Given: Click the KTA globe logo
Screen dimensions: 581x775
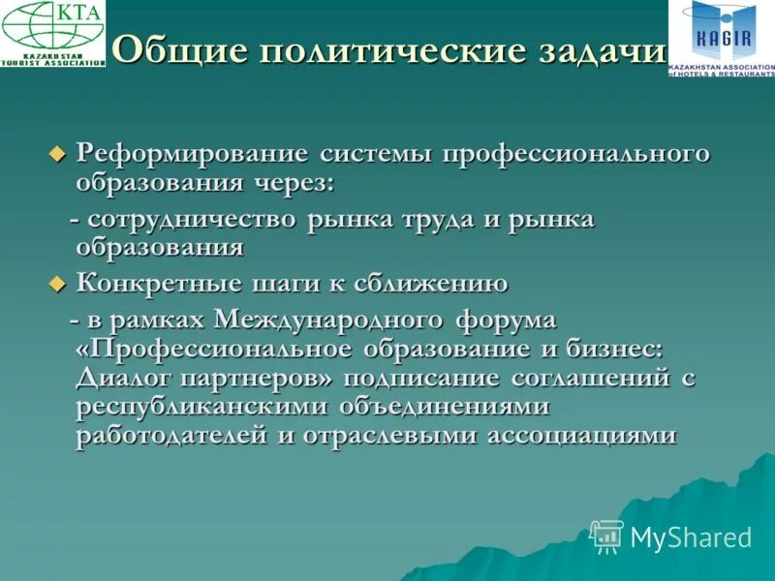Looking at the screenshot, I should coord(52,33).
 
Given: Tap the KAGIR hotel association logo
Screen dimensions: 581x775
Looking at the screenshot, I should coord(721,39).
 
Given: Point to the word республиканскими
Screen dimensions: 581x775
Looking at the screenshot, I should coord(204,406).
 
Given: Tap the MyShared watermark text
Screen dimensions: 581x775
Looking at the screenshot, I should coord(690,537).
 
